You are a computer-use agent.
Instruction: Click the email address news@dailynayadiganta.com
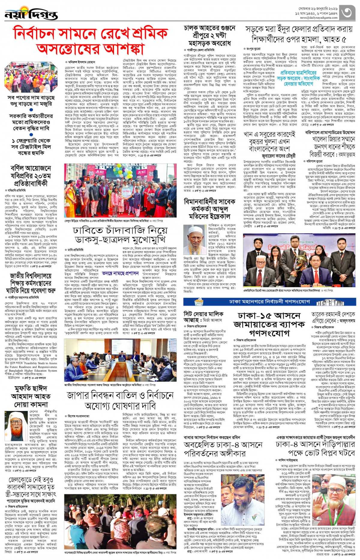[x=319, y=18]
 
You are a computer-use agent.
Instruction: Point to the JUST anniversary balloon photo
[x=120, y=186]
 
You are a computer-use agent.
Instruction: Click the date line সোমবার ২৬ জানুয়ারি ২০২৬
[x=318, y=9]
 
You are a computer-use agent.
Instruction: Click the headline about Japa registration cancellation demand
[x=120, y=401]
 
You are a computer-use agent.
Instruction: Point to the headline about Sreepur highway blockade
[x=209, y=35]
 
